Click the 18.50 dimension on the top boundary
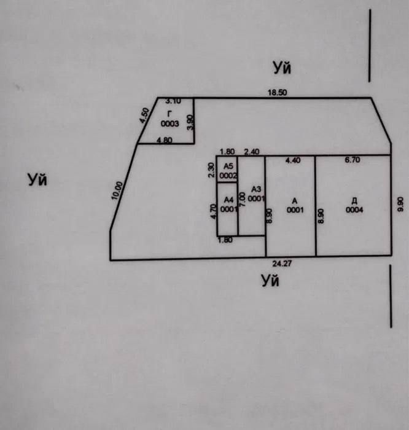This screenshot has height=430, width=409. point(278,92)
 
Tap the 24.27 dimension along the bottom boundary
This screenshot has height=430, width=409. point(282,264)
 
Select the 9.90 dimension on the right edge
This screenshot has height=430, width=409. point(400,204)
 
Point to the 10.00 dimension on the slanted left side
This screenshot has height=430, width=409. point(117,190)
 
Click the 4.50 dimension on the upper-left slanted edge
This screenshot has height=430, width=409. point(144,115)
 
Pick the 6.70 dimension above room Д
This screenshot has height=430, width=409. point(353,160)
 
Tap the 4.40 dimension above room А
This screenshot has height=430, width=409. point(293,160)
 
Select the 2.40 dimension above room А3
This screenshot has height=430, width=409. point(252,152)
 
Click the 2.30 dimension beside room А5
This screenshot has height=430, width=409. point(211,170)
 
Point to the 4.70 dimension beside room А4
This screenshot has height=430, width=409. point(213,211)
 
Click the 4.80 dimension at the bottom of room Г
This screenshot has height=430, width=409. point(164,140)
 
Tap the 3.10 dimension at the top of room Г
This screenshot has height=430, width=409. point(173,101)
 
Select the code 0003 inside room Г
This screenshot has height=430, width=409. point(170,123)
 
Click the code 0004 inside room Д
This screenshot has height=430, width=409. point(354,210)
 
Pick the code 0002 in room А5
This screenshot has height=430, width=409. point(228,176)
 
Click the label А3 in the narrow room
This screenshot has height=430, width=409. point(256,189)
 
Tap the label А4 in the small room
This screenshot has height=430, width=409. point(228,200)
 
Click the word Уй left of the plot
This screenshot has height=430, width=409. point(37,179)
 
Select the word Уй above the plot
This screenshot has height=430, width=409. point(282,68)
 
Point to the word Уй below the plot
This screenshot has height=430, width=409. point(270,281)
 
